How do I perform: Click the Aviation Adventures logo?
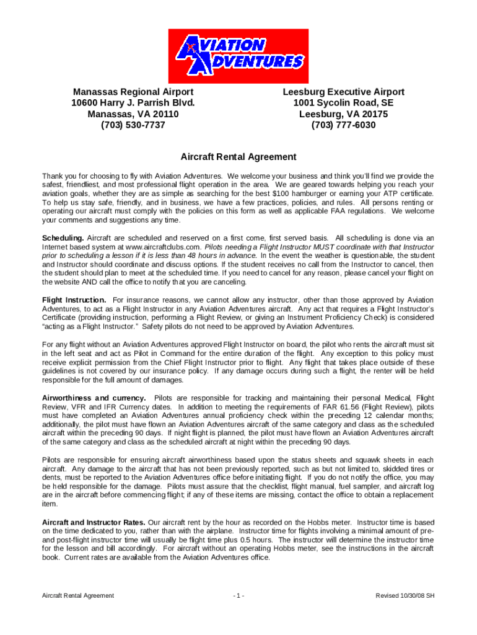(239, 55)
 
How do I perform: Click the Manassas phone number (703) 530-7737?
(133, 125)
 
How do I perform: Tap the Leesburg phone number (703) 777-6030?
(344, 125)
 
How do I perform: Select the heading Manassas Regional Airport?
(133, 92)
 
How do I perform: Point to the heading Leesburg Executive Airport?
(344, 92)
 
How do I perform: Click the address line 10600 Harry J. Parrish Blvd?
(133, 103)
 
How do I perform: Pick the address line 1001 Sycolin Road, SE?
(344, 103)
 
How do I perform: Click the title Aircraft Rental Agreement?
(239, 157)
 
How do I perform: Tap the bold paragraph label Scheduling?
(63, 238)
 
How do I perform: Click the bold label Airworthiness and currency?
(94, 397)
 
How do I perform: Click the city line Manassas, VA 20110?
(133, 114)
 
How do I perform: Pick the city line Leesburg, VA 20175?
(344, 114)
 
